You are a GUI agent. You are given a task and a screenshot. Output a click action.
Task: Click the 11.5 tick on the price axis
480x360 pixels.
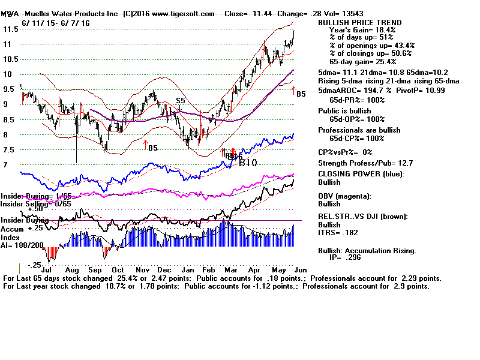click(8, 29)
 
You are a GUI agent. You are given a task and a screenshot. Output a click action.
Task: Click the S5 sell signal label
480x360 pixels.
click(181, 100)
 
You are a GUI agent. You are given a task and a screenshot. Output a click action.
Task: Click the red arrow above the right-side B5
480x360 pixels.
click(294, 91)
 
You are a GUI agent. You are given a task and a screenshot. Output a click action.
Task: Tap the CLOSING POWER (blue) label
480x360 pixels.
click(360, 175)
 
